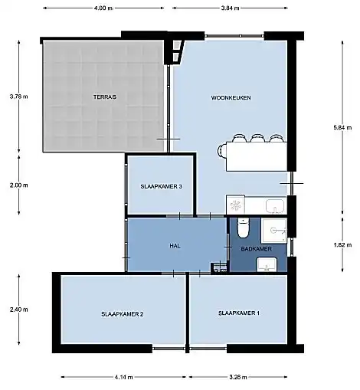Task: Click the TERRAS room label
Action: [105, 97]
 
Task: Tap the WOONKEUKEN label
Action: [231, 98]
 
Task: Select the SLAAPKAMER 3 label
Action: [162, 187]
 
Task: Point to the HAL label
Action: [175, 246]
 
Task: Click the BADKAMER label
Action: [256, 249]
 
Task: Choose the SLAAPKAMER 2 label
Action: [123, 314]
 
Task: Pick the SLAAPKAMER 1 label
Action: [239, 313]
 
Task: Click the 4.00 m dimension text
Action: [103, 8]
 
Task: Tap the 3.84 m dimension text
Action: [230, 8]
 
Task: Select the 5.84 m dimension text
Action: [342, 127]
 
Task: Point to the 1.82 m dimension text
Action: [342, 245]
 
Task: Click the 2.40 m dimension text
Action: [19, 310]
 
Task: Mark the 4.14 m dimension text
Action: [123, 377]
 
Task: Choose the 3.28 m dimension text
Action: [238, 377]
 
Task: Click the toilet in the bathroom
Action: [243, 228]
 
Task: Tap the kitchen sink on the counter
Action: [276, 206]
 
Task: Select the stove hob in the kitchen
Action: [235, 205]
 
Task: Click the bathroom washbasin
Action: [267, 264]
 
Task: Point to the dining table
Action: [257, 156]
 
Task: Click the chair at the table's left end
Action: [221, 151]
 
